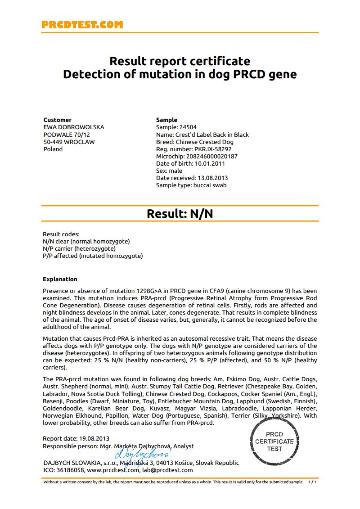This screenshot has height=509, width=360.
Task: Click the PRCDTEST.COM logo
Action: coord(82,25)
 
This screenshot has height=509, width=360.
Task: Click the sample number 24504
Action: coord(188,127)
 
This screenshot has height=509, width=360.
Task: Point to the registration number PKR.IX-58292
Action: coord(213,149)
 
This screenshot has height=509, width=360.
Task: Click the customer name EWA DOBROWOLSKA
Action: coord(74,127)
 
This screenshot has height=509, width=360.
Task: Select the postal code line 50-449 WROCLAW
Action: coord(69,142)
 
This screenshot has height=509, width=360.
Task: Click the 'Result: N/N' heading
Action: coord(180,214)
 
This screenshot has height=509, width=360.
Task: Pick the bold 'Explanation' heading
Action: coord(60,279)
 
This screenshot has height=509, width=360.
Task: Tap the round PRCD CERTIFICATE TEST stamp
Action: coord(274,441)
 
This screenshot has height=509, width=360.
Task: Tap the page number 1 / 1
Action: coord(312,482)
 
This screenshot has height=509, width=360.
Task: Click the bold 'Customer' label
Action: coord(57,120)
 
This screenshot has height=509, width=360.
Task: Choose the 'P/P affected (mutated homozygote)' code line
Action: coord(93,256)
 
